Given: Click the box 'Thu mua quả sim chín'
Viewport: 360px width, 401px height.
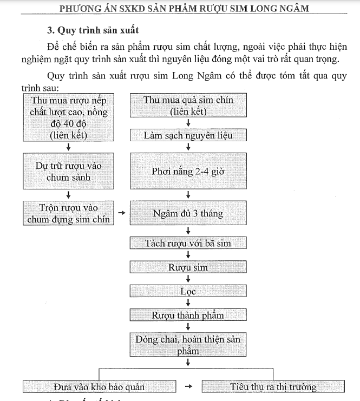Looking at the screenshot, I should pyautogui.click(x=188, y=106).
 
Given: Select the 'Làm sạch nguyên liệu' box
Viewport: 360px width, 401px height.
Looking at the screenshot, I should pyautogui.click(x=188, y=135).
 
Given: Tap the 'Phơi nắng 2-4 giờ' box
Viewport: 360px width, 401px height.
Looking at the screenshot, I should pyautogui.click(x=188, y=171).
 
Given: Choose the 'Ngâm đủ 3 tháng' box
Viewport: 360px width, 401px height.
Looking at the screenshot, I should pyautogui.click(x=188, y=213).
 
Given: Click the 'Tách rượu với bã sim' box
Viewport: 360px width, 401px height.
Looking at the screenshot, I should pyautogui.click(x=188, y=243).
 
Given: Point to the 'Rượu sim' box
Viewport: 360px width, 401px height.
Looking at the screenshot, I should pyautogui.click(x=188, y=267).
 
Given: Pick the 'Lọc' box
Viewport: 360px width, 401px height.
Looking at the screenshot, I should pyautogui.click(x=188, y=291).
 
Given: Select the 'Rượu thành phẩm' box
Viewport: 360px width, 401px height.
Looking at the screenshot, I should pyautogui.click(x=188, y=315).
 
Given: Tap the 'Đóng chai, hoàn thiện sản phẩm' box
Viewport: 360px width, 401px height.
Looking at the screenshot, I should pyautogui.click(x=188, y=345).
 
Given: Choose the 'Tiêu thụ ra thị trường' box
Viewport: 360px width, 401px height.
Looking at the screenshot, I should pyautogui.click(x=273, y=386).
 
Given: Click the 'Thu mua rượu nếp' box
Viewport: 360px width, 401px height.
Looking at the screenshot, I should pyautogui.click(x=69, y=117).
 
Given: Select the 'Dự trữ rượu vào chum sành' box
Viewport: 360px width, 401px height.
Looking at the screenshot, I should pyautogui.click(x=69, y=171).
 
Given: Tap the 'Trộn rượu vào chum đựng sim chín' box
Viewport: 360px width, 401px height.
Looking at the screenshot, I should pyautogui.click(x=69, y=213).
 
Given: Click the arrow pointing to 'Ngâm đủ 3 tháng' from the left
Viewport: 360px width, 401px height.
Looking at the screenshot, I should pyautogui.click(x=122, y=213).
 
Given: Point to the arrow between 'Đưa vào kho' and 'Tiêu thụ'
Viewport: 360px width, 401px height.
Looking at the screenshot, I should pyautogui.click(x=188, y=386).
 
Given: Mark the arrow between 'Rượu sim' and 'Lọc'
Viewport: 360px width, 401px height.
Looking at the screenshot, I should pyautogui.click(x=188, y=279).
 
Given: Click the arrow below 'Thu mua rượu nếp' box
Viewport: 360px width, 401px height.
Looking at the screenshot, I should pyautogui.click(x=69, y=147).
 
